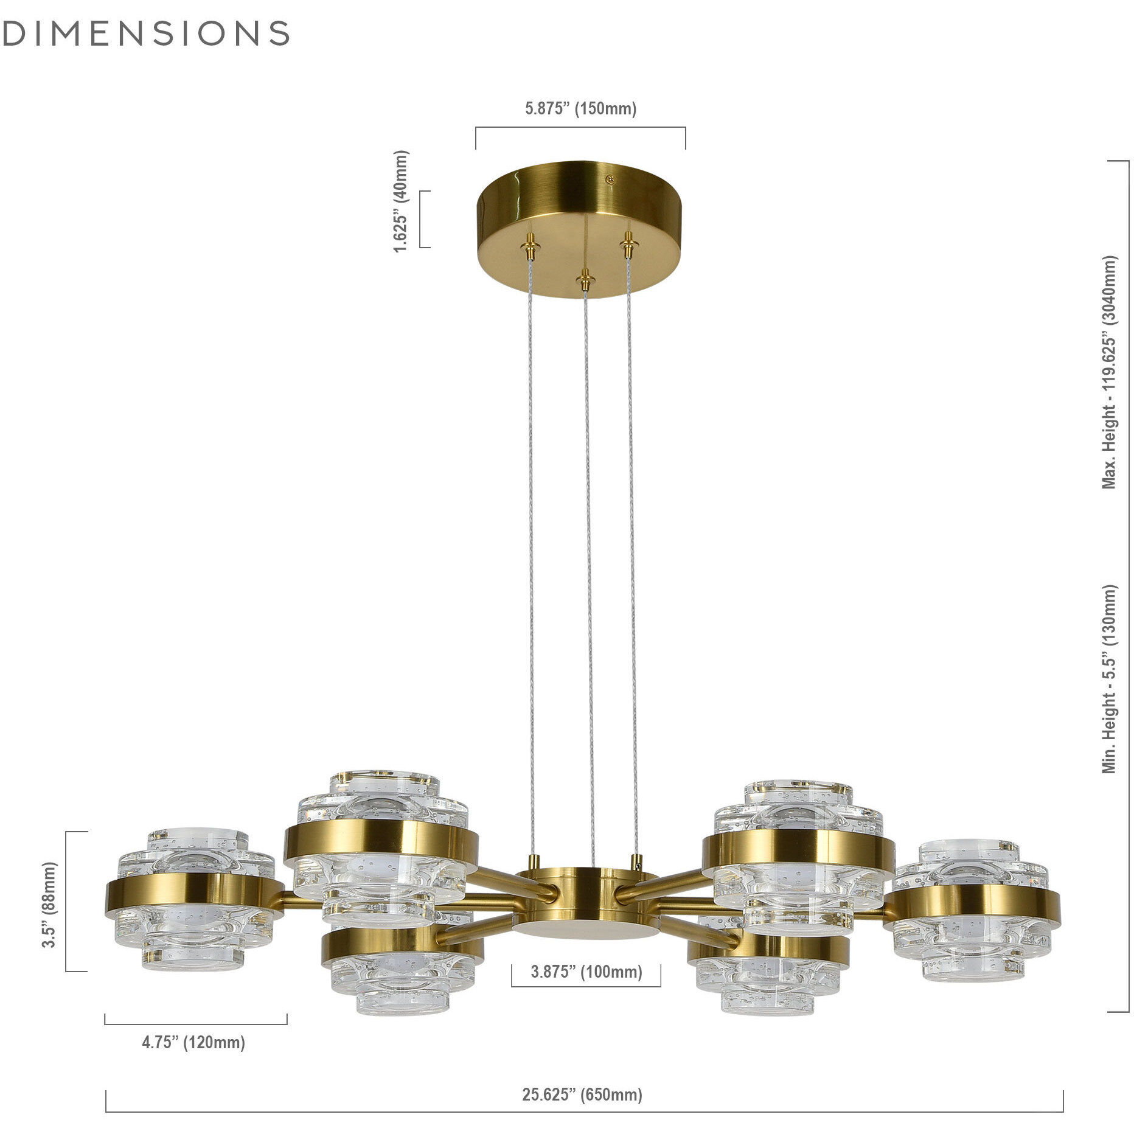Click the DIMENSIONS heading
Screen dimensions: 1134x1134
tap(146, 33)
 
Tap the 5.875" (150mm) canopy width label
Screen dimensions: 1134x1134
tap(580, 109)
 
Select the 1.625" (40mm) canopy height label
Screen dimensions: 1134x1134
tap(401, 201)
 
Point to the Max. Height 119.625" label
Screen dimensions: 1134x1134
tap(1110, 372)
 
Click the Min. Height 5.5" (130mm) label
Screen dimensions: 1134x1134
tap(1110, 679)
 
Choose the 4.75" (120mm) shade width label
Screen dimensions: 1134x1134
tap(193, 1043)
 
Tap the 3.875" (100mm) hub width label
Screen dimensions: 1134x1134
tap(586, 972)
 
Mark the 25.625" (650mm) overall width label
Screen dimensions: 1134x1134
tap(582, 1095)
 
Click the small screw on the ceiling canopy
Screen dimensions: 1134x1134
tap(609, 179)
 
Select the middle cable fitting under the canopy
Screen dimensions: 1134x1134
tap(585, 279)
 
